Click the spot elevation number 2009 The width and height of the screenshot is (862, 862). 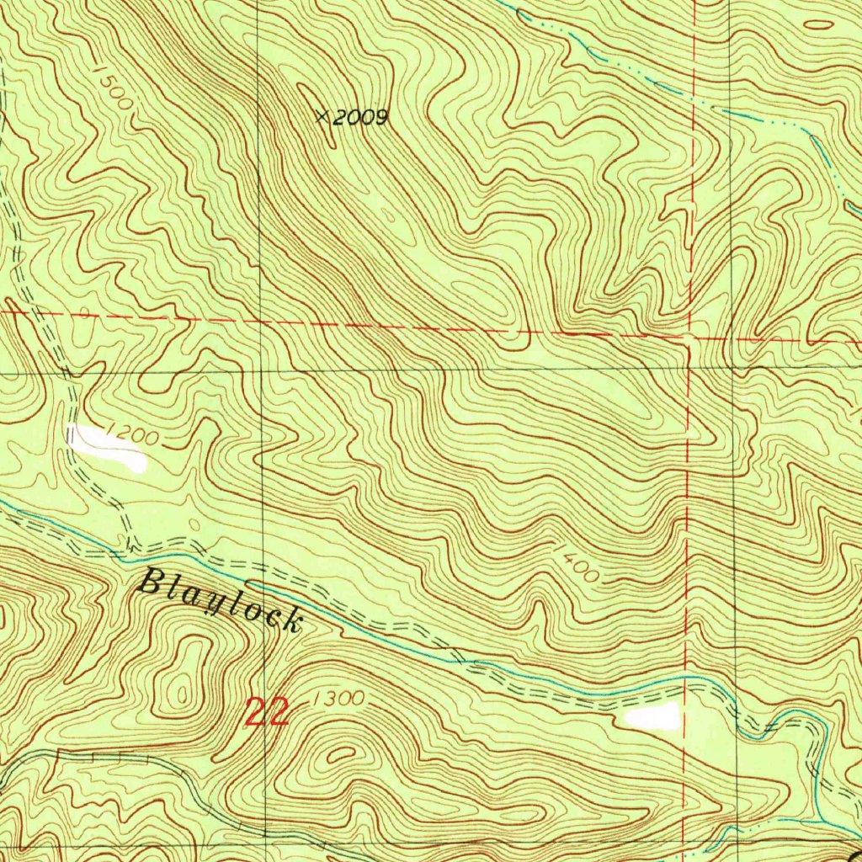359,118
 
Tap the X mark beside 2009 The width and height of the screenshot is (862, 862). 322,116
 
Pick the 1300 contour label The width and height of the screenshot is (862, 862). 338,699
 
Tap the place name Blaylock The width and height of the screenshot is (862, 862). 220,600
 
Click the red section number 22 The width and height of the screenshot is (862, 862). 268,712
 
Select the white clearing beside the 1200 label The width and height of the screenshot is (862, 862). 107,447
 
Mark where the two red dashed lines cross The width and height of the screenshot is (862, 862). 689,338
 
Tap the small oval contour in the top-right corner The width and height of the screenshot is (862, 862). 816,24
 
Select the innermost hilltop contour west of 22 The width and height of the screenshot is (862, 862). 179,694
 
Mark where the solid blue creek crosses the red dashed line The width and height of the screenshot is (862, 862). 686,676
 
